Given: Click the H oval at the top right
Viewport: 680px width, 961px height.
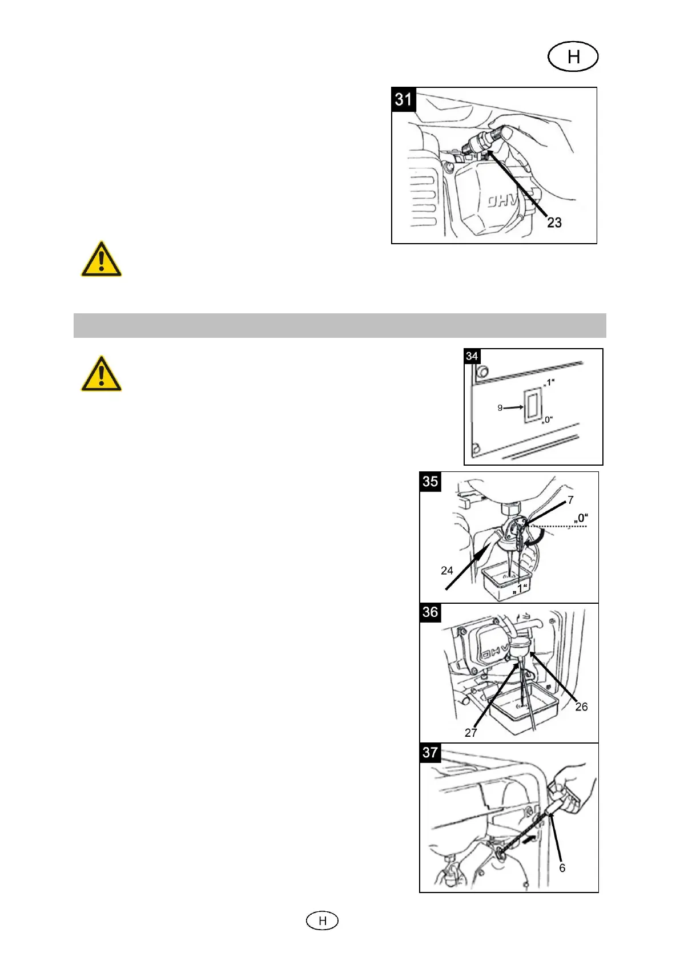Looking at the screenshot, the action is pos(573,57).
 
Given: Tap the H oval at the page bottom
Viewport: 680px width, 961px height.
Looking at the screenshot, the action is pos(322,920).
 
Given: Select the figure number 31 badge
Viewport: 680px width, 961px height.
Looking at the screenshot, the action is pos(404,99).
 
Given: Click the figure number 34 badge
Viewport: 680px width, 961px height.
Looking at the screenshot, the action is pos(472,357).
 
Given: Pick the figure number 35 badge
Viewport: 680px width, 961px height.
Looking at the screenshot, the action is pos(430,482).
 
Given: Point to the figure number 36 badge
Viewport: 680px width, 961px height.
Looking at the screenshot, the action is pos(430,612).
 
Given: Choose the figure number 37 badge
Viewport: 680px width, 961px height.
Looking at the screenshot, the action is pos(430,753).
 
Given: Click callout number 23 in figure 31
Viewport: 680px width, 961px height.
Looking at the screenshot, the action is pos(554,223).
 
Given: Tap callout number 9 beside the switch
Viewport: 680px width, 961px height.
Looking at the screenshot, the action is pos(500,407).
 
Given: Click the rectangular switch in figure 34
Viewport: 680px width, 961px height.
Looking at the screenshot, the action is pos(532,406).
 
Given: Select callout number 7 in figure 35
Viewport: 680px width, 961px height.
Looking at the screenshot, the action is pos(570,500).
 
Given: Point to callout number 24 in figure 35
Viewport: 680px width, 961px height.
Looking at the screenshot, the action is pos(447,570).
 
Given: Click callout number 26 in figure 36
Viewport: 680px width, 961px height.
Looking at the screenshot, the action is pos(581,706).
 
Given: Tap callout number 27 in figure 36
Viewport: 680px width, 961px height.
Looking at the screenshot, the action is pos(470,733).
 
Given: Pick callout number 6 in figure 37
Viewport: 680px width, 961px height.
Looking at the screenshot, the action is pos(562,867).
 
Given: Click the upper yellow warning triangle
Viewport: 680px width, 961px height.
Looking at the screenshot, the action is pos(101,260).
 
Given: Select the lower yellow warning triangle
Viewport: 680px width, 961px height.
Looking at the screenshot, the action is pos(101,374).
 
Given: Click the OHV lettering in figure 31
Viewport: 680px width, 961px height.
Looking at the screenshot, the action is pos(501,202).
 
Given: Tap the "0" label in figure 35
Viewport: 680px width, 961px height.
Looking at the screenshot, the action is pos(581,518).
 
